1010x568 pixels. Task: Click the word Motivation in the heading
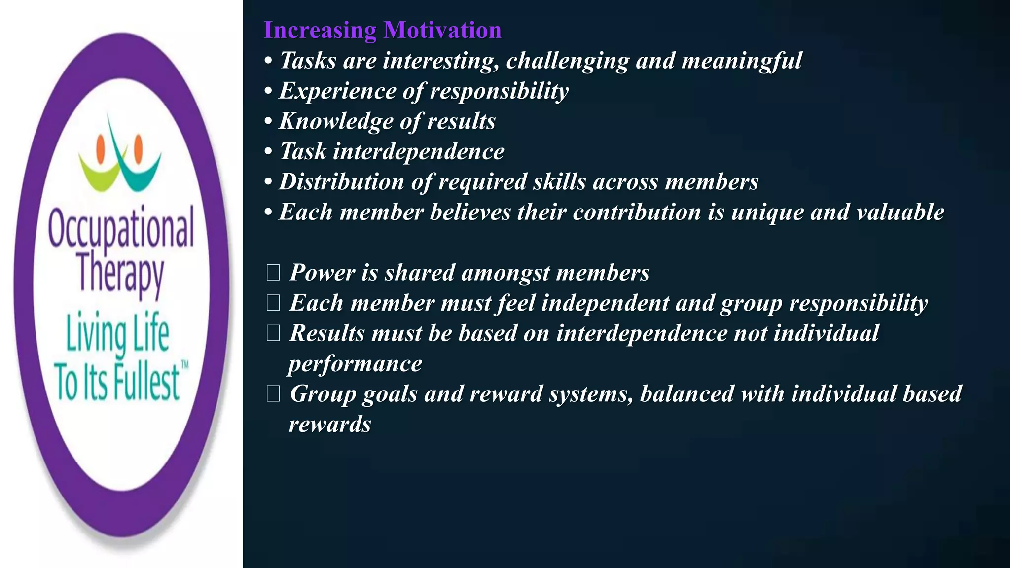coord(442,30)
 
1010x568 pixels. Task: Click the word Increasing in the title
coord(320,30)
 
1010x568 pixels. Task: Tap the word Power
coord(322,273)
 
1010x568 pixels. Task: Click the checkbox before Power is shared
coord(273,273)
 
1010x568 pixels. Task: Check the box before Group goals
coord(273,394)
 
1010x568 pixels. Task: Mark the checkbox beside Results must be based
coord(273,333)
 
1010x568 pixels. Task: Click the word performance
coord(355,364)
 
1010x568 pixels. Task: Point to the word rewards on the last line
coord(329,425)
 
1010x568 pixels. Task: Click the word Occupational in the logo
coord(121,228)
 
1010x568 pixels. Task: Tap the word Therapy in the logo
coord(120,273)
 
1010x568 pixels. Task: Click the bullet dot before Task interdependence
coord(268,152)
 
